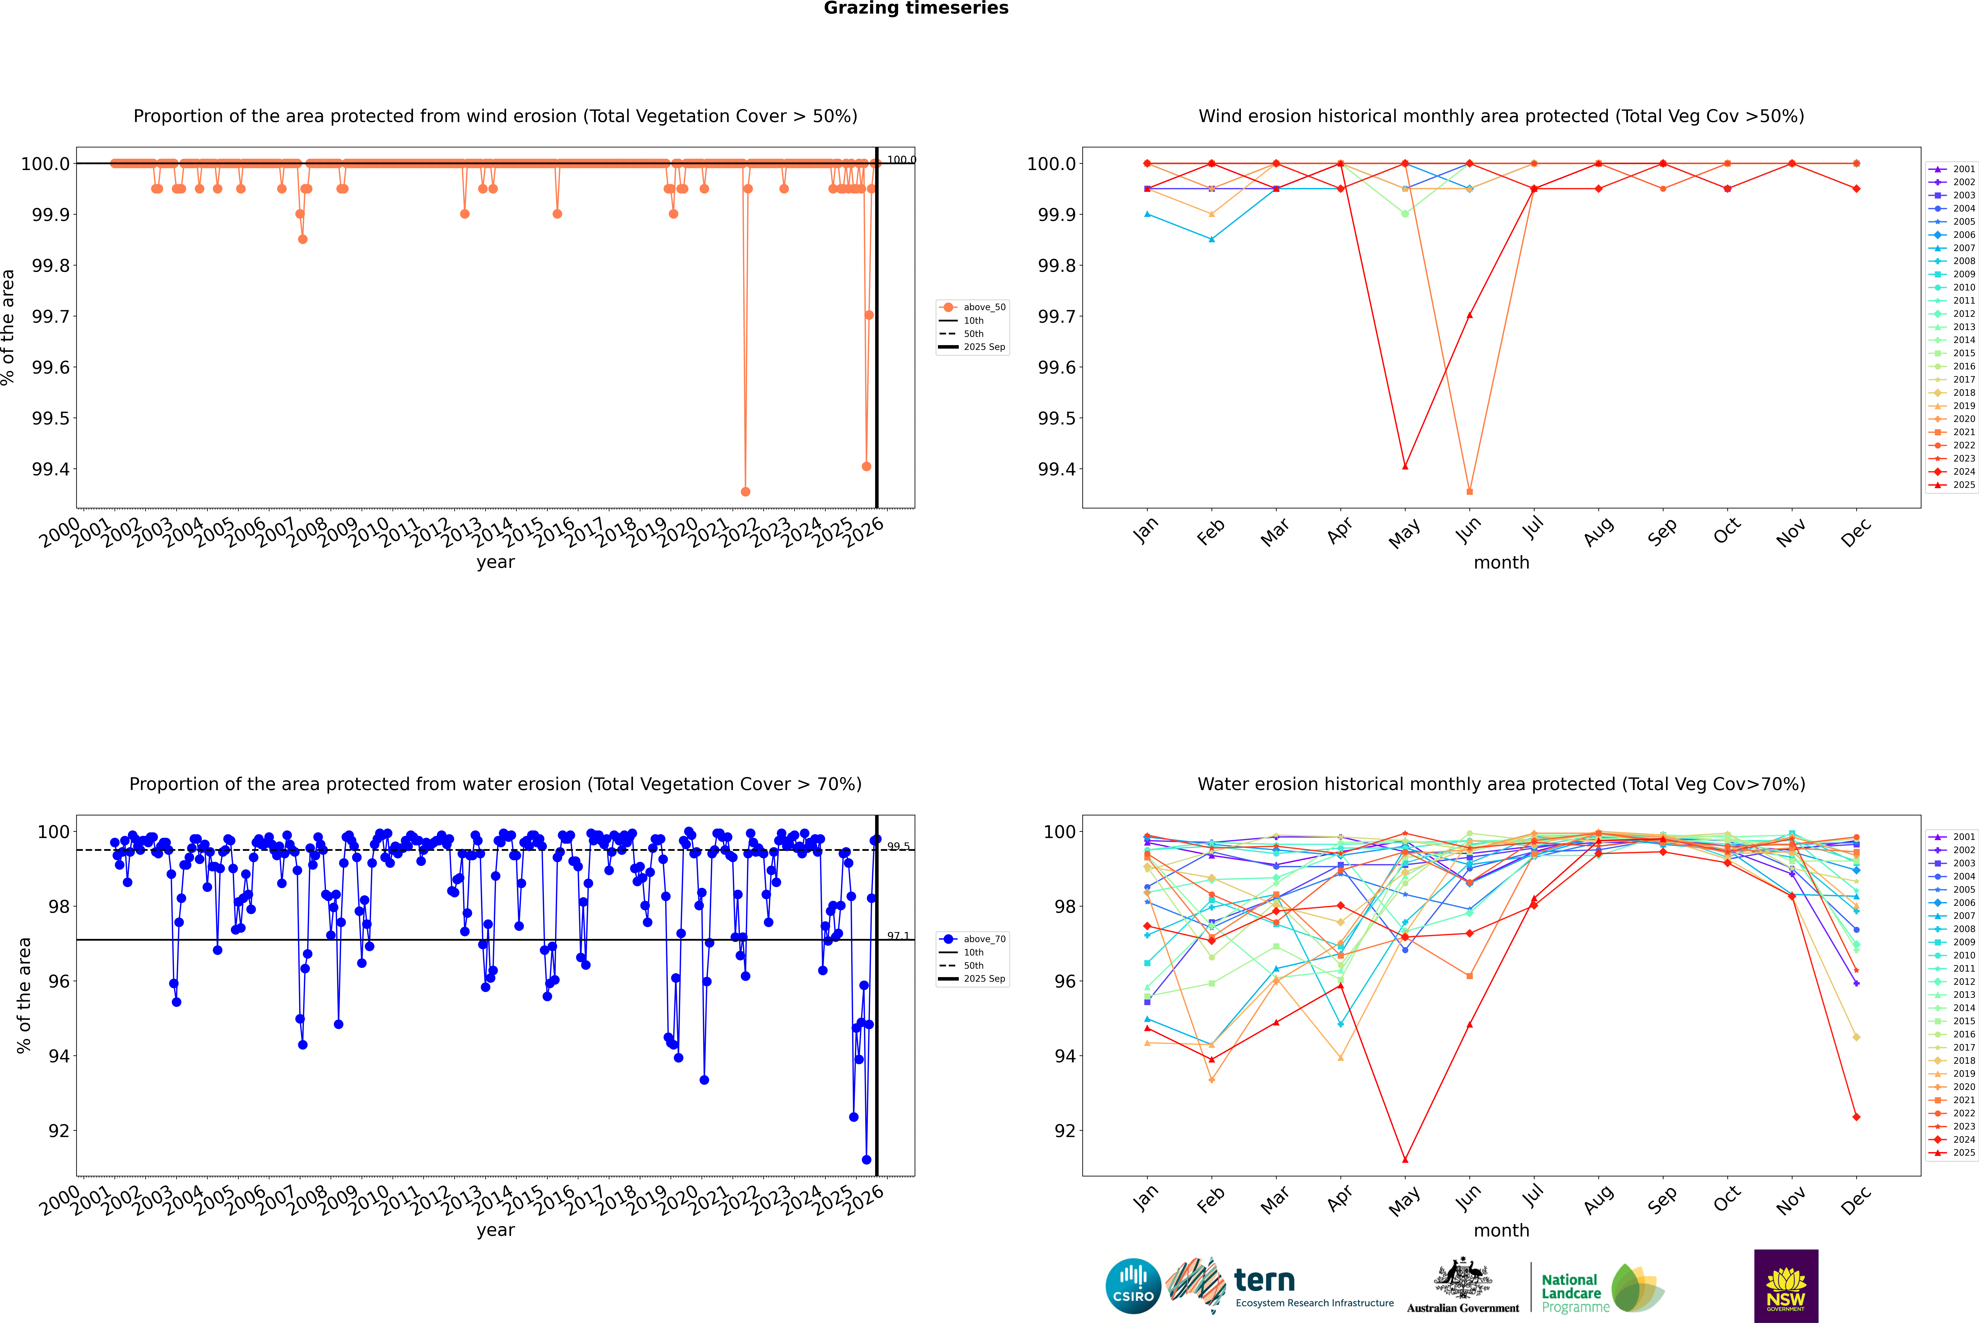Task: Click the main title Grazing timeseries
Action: tap(916, 8)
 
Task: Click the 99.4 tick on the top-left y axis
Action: tap(51, 469)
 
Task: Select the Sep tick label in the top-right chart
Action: tap(1662, 531)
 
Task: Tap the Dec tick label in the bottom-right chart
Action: tap(1856, 1200)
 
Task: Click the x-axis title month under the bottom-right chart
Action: tap(1501, 1230)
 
